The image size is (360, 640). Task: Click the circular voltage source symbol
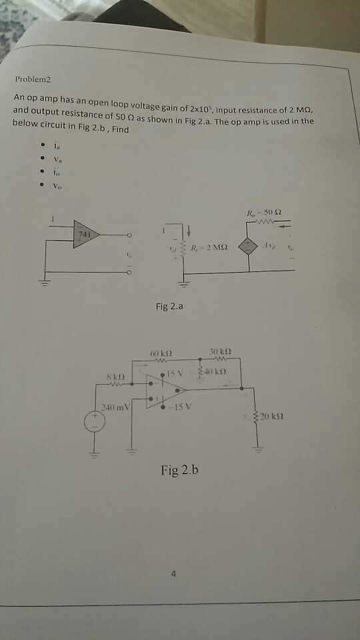(x=94, y=423)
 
